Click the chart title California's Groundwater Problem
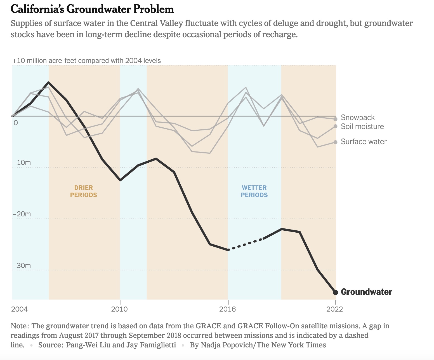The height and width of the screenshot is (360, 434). [x=92, y=9]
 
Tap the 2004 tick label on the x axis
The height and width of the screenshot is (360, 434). [x=20, y=309]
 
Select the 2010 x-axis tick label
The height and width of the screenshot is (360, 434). [x=119, y=309]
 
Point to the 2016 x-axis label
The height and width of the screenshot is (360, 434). [x=228, y=309]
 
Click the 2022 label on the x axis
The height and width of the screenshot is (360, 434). [x=334, y=309]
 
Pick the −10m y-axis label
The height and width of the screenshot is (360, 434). [x=22, y=163]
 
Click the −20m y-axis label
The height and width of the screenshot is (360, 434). [x=22, y=214]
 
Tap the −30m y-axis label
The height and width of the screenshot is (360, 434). [x=22, y=265]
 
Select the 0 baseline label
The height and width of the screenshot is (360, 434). [x=16, y=123]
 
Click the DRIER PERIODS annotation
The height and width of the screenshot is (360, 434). [x=83, y=191]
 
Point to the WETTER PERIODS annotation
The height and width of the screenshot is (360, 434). [x=254, y=191]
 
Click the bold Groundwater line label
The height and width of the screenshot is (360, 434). [x=366, y=292]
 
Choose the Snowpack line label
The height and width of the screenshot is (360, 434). [x=358, y=118]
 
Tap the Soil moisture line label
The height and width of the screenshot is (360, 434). [x=362, y=127]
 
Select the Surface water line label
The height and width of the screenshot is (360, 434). [x=364, y=142]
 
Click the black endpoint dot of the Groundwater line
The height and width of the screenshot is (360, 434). [x=336, y=292]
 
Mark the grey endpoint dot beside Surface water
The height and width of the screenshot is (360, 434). [x=336, y=142]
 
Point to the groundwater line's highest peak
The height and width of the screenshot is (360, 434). [x=49, y=83]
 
